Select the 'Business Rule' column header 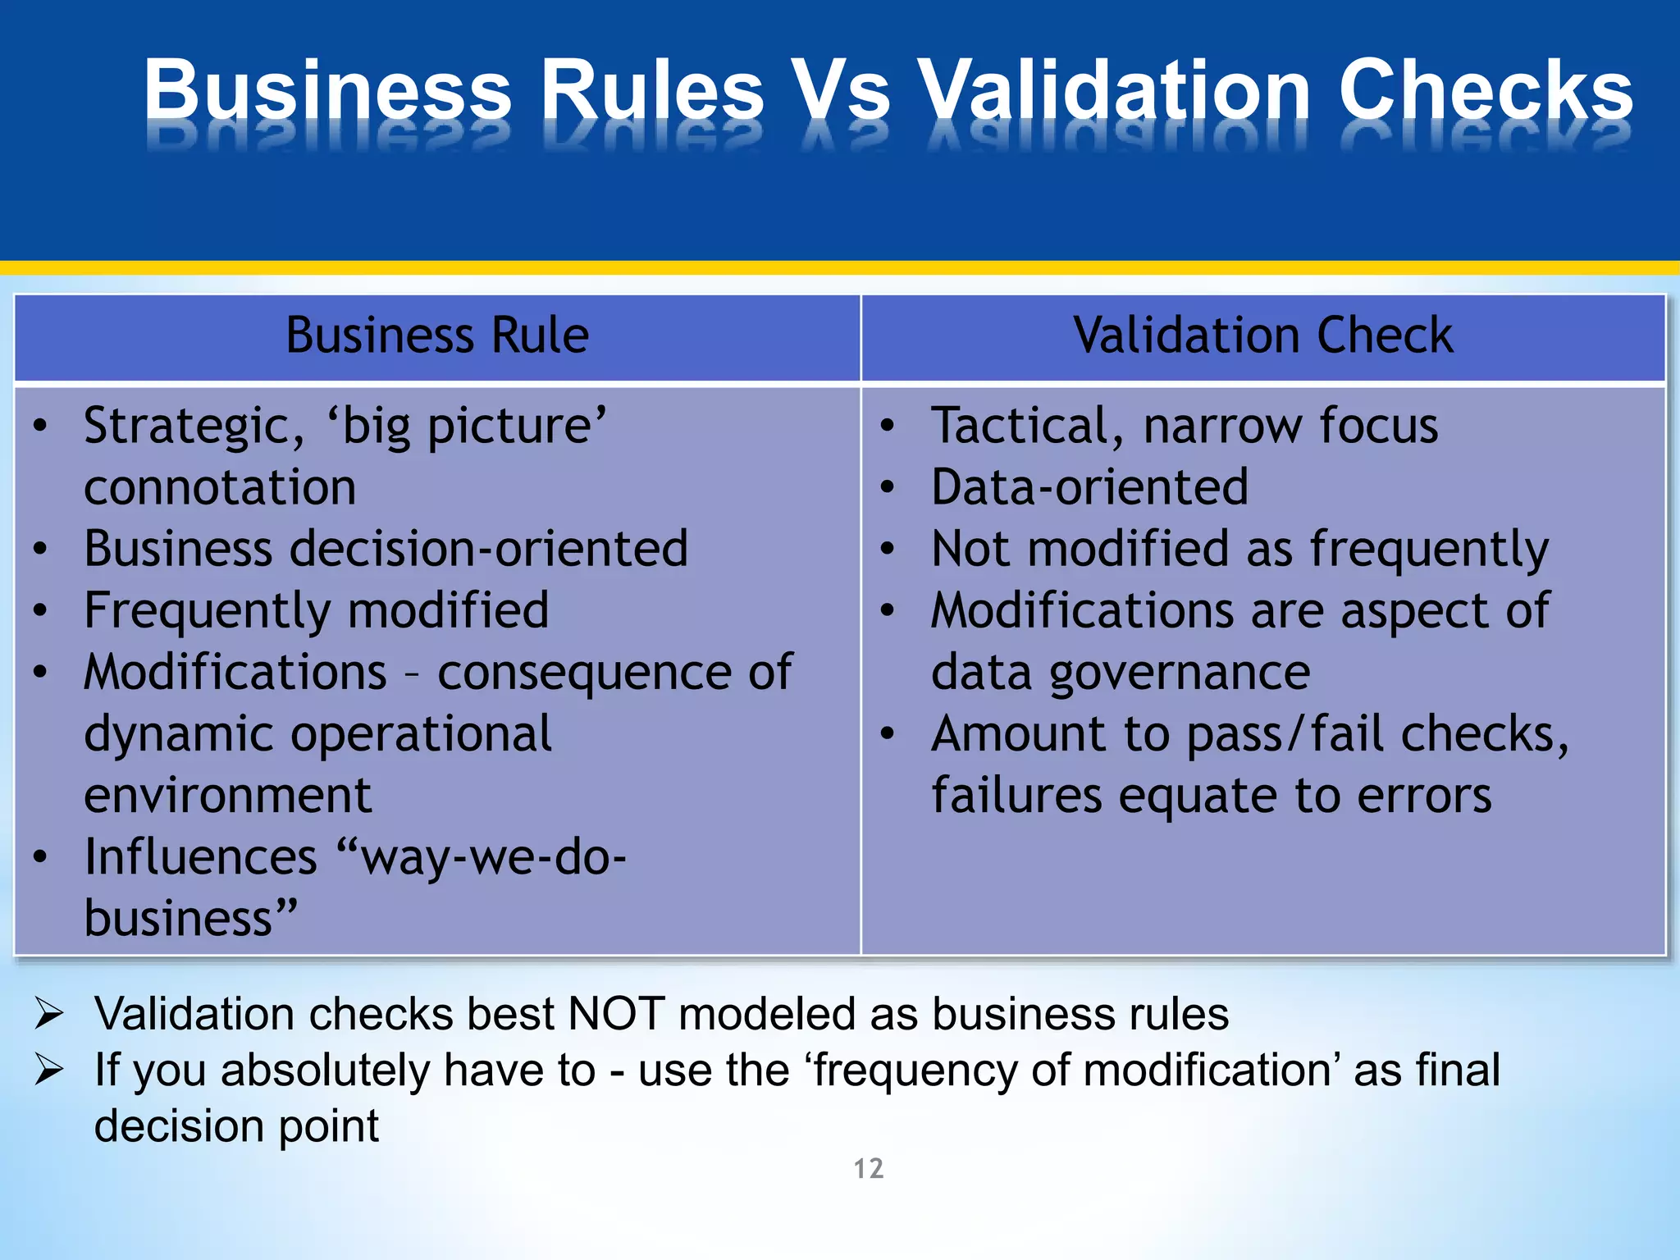coord(437,336)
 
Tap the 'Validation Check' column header coord(1262,336)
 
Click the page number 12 coord(869,1168)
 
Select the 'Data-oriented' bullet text coord(1089,487)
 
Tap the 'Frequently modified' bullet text coord(316,611)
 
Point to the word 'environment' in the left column coord(228,795)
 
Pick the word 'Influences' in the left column coord(200,857)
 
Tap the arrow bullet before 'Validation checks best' coord(49,1014)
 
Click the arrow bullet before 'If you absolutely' coord(49,1070)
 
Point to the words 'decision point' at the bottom coord(236,1126)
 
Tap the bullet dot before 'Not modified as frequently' coord(887,550)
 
